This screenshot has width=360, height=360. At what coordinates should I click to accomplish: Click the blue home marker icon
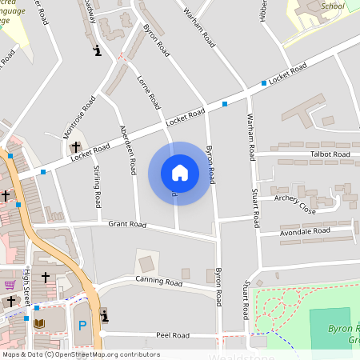coord(179,173)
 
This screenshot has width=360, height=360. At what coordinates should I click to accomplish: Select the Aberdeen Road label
coord(126,150)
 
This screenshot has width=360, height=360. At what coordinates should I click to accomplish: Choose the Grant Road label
coord(127,225)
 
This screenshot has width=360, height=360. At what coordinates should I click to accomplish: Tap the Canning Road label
coord(158,281)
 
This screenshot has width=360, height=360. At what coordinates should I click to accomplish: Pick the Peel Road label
coord(171,334)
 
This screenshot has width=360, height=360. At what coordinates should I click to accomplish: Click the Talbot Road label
coord(330,154)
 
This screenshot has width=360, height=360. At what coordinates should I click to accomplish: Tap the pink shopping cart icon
coord(10,284)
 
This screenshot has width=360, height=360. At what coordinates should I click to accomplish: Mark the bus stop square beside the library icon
coord(26,319)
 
